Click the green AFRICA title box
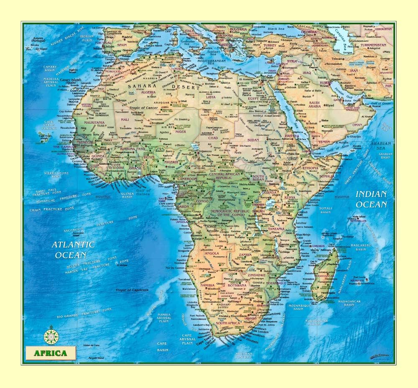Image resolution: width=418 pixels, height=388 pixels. tap(50, 353)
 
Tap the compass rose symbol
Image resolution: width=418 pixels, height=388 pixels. tap(51, 334)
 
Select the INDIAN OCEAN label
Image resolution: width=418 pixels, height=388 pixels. tap(371, 199)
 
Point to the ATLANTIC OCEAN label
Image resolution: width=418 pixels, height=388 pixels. tap(73, 250)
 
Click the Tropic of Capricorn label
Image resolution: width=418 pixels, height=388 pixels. tap(133, 290)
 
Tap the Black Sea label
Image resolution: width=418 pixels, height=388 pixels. tap(276, 29)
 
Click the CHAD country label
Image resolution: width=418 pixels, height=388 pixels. tap(213, 138)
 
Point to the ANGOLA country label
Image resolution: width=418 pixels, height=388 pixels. tap(212, 253)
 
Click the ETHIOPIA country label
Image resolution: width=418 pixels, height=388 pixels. tap(310, 168)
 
